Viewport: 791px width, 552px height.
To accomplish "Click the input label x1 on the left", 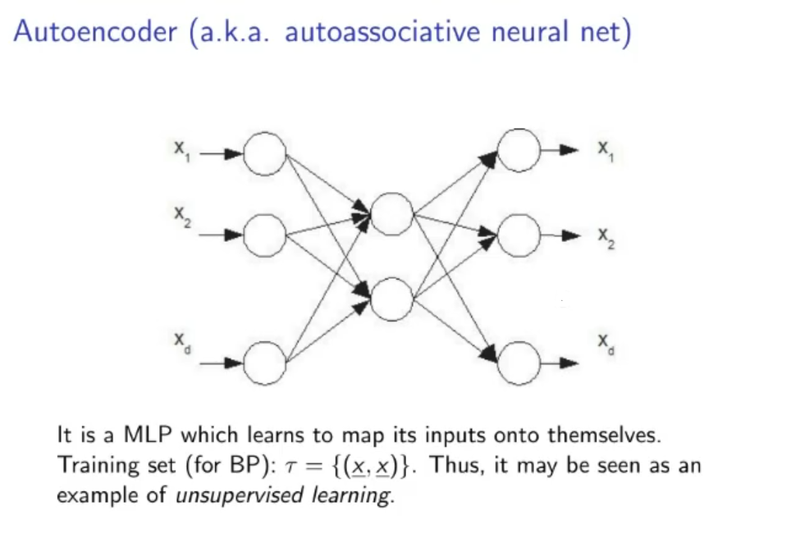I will pos(181,149).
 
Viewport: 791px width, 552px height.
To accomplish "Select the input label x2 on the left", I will pos(181,215).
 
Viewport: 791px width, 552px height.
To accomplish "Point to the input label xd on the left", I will pos(181,341).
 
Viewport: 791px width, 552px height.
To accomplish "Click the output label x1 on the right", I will pos(605,150).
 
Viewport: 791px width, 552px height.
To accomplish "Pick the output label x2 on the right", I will pos(605,238).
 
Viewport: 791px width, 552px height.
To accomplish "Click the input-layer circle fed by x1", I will pos(264,153).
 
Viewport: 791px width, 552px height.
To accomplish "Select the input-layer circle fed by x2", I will pos(264,235).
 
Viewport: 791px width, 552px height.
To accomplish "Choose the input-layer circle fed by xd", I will pos(264,363).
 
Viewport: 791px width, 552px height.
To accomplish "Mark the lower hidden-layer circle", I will pos(391,299).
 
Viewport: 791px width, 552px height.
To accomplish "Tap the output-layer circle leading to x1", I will pos(519,150).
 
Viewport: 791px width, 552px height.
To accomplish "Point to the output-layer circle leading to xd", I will pos(519,362).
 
